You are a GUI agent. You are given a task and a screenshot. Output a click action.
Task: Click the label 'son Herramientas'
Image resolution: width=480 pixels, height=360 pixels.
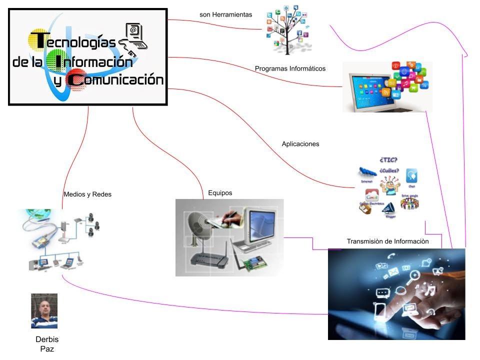226,15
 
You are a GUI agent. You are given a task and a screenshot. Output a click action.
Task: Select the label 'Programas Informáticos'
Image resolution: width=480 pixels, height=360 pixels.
290,68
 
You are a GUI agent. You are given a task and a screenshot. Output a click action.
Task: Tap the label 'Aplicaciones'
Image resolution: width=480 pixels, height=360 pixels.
300,144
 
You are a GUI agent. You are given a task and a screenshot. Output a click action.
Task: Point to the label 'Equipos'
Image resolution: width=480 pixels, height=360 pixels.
220,193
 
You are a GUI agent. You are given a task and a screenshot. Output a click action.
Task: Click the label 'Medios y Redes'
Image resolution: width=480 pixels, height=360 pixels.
87,194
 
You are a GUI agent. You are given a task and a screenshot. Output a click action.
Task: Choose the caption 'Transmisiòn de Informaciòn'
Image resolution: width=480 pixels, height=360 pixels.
388,241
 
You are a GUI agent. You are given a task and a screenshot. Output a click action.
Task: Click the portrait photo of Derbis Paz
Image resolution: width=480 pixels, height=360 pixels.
44,310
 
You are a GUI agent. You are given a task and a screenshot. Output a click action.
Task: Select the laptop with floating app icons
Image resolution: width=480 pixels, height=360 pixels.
387,87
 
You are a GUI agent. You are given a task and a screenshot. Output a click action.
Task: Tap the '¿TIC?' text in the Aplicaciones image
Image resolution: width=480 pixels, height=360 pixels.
389,160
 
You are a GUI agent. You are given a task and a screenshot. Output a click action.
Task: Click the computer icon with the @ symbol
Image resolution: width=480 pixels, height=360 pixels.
136,35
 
